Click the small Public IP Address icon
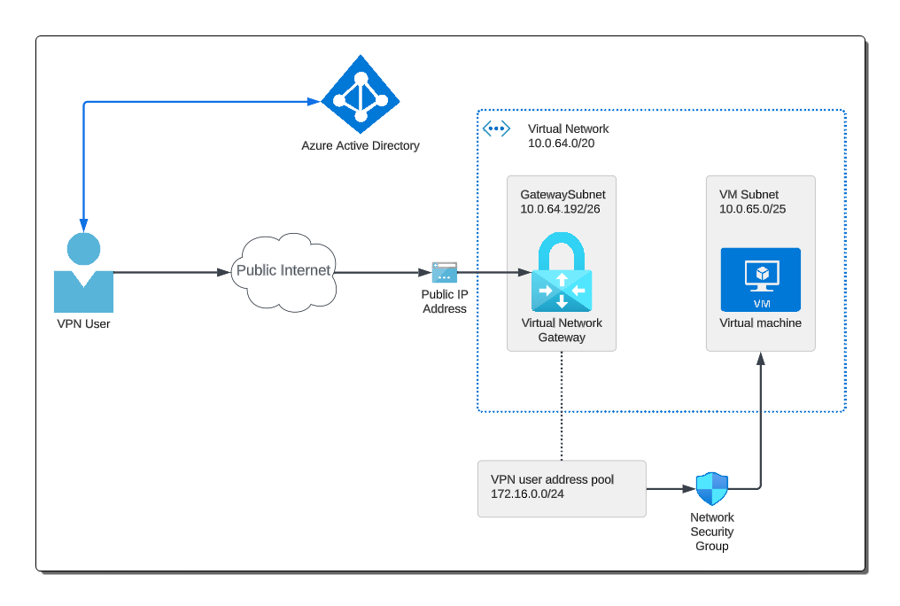445,272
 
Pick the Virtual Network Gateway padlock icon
562,271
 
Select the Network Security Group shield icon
711,488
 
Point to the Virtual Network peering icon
496,128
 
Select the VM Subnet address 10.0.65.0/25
752,209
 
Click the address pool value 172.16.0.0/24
527,493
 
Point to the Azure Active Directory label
361,145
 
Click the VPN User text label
83,323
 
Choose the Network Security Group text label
711,532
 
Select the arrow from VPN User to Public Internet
168,272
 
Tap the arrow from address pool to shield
670,488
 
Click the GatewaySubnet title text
562,194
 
